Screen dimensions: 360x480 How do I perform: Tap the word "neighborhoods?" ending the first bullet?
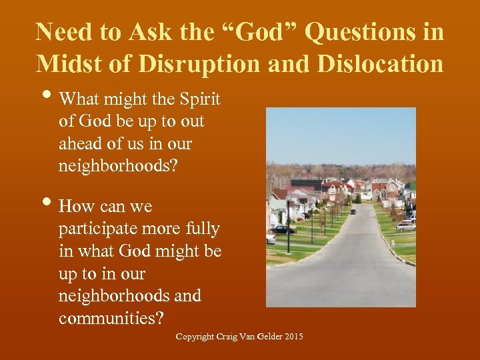tap(118, 166)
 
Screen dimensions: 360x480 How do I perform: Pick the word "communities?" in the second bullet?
tap(111, 318)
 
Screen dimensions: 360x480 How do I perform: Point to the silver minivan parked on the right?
tap(405, 226)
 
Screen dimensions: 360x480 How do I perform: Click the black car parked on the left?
tap(283, 229)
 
